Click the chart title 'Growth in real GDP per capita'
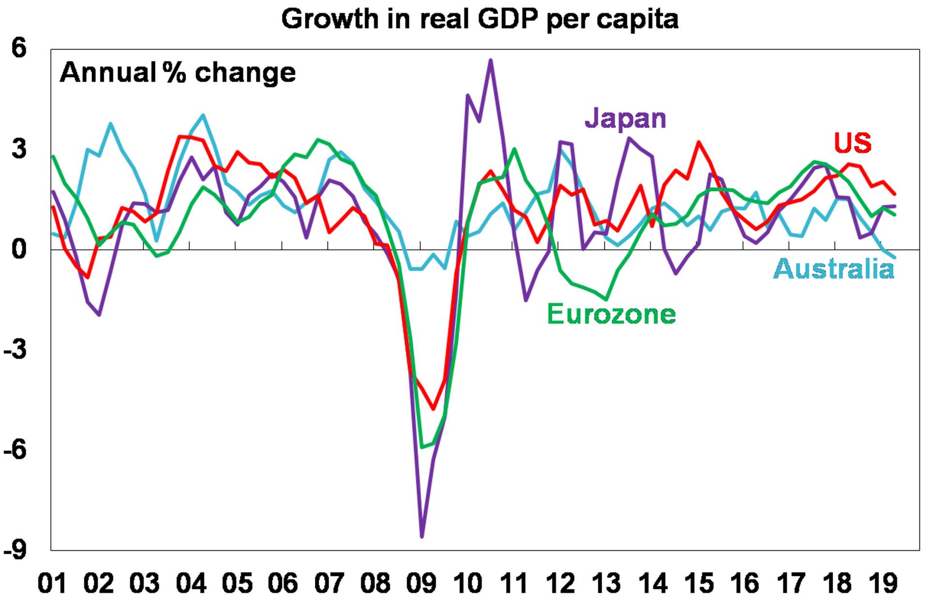[480, 19]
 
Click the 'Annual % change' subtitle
[178, 73]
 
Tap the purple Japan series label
[625, 118]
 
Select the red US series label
[852, 143]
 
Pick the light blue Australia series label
[834, 269]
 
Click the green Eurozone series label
[611, 314]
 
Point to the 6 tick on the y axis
[19, 48]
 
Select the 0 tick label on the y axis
[19, 249]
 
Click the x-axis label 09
[421, 583]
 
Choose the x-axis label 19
[883, 583]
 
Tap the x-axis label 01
[52, 583]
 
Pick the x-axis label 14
[652, 583]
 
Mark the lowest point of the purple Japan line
[422, 537]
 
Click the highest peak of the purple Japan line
[491, 60]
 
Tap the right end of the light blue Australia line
[895, 258]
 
